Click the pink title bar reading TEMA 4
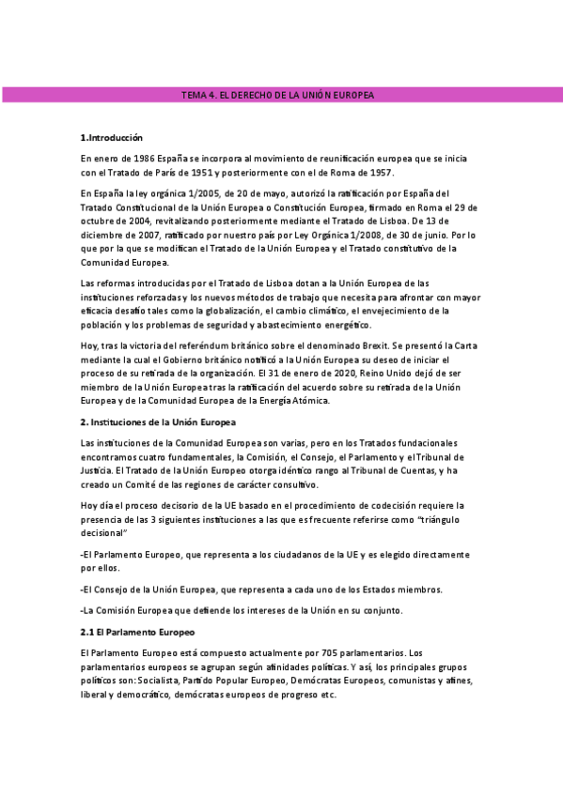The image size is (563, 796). [x=281, y=96]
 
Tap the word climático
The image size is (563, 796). [x=334, y=311]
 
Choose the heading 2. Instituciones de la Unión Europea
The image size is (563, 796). [x=158, y=422]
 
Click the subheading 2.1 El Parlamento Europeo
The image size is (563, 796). [x=137, y=632]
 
